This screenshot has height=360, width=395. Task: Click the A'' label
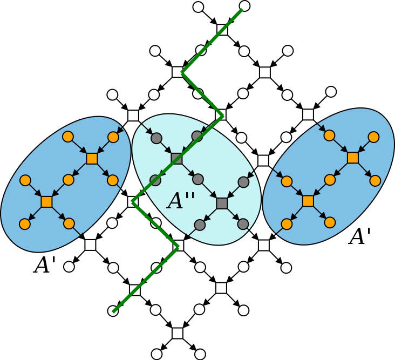pos(181,201)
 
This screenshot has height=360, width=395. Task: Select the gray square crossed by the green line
pos(176,159)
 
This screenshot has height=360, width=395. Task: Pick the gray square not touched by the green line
pos(222,203)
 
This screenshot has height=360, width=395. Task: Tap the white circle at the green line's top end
pos(244,6)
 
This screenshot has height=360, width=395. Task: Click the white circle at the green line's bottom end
pos(113,311)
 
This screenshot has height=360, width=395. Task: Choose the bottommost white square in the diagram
pos(178,333)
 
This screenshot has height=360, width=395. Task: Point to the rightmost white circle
pos(331,92)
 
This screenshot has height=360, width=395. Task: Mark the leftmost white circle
pos(69,267)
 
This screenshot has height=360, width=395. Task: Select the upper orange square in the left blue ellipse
pos(92,159)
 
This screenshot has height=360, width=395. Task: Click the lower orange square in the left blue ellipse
pos(47,202)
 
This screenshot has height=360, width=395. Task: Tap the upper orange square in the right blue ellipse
pos(353,158)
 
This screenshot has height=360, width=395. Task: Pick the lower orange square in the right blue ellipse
pos(308,201)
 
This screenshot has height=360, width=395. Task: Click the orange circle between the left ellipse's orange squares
pos(68,180)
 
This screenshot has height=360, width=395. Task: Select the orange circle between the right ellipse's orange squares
pos(330,180)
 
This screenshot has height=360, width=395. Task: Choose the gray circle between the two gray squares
pos(198,179)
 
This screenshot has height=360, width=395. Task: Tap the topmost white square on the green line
pos(222,30)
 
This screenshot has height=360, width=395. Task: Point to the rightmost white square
pos(308,114)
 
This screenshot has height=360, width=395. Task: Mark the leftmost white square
pos(90,245)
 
